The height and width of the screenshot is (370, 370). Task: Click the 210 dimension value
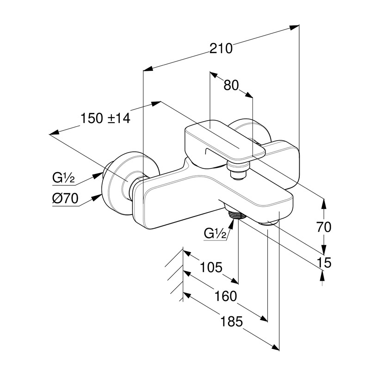[220, 48]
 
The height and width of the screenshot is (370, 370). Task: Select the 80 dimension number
[231, 86]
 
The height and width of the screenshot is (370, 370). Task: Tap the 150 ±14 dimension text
[105, 118]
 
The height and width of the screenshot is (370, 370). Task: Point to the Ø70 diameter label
[65, 199]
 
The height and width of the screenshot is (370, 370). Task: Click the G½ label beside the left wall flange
[63, 178]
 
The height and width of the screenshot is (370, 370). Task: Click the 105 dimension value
[211, 267]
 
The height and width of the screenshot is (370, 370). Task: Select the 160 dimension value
[225, 296]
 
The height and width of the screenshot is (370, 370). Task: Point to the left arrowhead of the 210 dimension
[148, 69]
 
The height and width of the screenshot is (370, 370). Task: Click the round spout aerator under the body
[271, 223]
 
